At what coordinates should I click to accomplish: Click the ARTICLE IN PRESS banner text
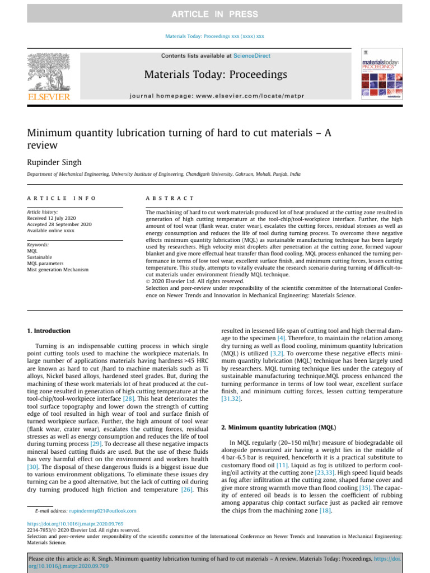click(215, 14)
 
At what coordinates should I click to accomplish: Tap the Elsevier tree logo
click(49, 75)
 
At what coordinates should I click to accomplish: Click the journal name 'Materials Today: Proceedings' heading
click(216, 74)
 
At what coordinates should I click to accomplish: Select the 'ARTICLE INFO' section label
click(62, 198)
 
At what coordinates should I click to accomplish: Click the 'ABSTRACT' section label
click(170, 198)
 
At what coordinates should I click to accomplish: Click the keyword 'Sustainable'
click(40, 257)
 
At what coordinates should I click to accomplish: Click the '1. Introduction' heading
click(49, 331)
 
